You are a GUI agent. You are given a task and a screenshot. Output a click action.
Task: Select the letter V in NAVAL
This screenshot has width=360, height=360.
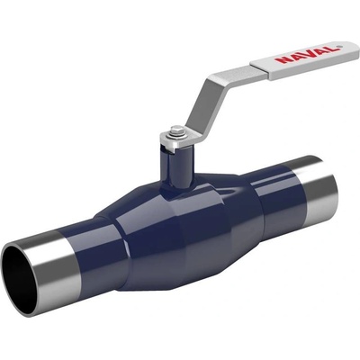306,54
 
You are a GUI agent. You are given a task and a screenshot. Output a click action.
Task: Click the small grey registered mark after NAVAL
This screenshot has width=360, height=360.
339,47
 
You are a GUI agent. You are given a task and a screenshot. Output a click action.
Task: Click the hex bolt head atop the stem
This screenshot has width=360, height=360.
174,130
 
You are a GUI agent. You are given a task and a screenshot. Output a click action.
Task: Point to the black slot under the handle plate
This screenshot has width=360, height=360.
166,149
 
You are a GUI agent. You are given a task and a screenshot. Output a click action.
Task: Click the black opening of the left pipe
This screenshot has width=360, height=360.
19,278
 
